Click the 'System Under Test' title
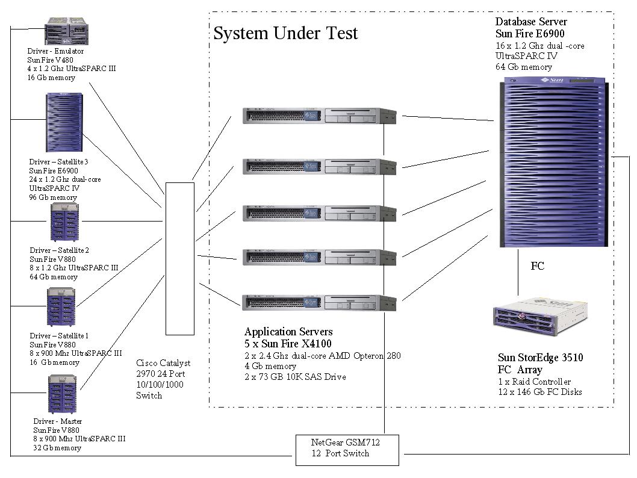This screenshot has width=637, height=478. pyautogui.click(x=285, y=33)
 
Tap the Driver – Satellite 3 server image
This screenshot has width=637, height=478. pyautogui.click(x=64, y=122)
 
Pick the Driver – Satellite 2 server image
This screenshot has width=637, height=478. pyautogui.click(x=65, y=222)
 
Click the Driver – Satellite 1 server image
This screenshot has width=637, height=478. pyautogui.click(x=62, y=306)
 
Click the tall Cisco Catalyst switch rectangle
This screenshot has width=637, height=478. pyautogui.click(x=180, y=259)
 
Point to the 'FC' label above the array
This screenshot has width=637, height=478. pyautogui.click(x=538, y=266)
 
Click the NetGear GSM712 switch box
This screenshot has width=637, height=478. pyautogui.click(x=347, y=449)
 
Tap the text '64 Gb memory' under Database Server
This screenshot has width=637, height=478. pyautogui.click(x=523, y=67)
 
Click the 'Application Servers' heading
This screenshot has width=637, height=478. pyautogui.click(x=288, y=332)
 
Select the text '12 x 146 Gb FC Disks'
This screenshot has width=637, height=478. pyautogui.click(x=539, y=392)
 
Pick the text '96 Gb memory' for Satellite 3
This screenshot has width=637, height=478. pyautogui.click(x=53, y=197)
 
